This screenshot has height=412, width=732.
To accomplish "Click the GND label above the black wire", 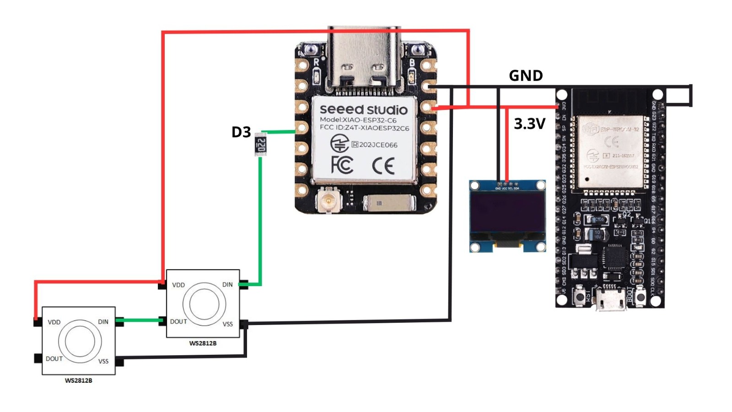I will coord(526,76).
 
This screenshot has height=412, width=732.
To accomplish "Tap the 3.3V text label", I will coord(529,124).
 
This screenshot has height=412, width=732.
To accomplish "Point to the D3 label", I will coord(241,132).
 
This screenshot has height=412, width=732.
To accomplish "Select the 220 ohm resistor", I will coord(261,144).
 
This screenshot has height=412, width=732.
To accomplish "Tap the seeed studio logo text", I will coord(363,110).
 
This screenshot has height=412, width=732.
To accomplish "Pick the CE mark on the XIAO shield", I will coord(383,166).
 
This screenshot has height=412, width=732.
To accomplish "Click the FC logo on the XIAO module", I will coord(342,165).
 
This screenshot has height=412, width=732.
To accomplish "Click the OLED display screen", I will coord(507,215).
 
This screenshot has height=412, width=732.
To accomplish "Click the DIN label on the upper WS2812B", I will coord(227,285).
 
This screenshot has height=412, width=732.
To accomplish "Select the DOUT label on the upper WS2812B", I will coord(178,322).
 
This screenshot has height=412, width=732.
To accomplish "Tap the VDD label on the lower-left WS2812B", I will coord(54,322).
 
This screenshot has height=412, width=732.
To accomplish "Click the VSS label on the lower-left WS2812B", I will coord(103,361).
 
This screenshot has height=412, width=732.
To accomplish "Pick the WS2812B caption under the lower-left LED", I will coord(78,380).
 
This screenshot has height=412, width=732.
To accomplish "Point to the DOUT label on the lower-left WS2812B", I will coord(54,359).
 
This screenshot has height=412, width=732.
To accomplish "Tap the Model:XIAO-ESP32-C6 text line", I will coord(358,120).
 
